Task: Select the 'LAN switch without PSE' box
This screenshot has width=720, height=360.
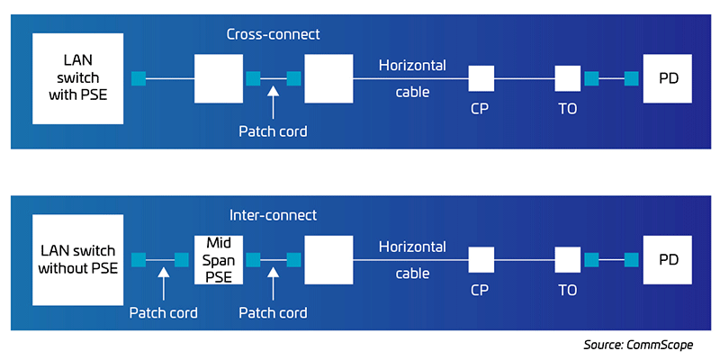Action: (77, 259)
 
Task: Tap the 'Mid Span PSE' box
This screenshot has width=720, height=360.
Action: (219, 259)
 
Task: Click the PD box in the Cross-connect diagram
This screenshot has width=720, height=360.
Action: (667, 79)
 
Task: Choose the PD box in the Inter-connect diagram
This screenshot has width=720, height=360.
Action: (667, 259)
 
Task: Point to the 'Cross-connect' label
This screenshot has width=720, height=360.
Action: (273, 34)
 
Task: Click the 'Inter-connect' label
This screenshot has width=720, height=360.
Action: (273, 215)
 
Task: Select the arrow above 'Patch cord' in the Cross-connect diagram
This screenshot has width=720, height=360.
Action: (274, 94)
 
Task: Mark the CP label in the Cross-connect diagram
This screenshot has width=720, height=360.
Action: (481, 109)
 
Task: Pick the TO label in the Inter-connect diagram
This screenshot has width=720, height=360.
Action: (567, 290)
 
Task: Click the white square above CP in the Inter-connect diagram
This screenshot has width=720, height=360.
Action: (481, 260)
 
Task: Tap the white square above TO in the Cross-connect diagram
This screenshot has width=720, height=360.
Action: (567, 79)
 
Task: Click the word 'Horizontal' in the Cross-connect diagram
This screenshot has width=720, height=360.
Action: (412, 66)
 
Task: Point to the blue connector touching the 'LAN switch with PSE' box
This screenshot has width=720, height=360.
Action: (138, 79)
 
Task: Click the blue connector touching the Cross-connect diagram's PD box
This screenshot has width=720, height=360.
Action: (632, 79)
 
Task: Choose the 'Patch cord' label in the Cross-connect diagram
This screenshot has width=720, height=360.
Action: (273, 131)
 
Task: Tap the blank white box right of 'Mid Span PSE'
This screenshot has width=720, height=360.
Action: (328, 259)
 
